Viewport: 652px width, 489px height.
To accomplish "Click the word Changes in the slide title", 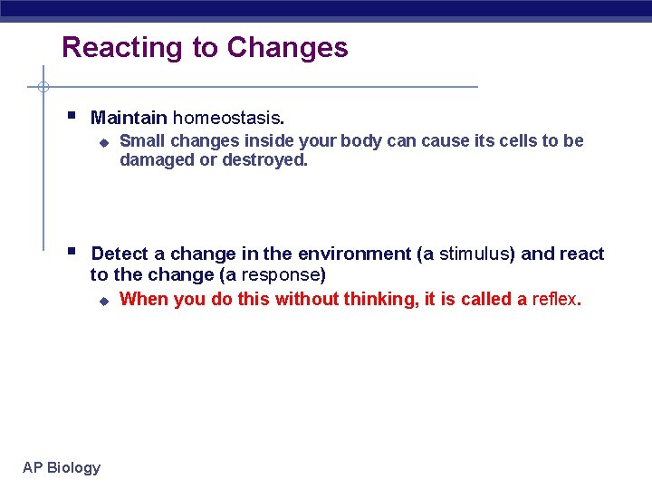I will tap(287, 48).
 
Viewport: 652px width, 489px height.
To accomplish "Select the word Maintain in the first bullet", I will tap(129, 118).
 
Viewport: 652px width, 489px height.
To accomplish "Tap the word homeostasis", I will tap(228, 118).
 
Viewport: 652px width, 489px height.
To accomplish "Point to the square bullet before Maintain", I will tap(72, 117).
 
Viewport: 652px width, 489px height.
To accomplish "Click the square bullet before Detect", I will tap(72, 253).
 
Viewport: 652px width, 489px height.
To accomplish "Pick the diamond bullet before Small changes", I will tap(103, 142).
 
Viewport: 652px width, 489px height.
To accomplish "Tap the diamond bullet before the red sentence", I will tap(103, 301).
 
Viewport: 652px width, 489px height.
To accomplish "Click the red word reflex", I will tap(554, 299).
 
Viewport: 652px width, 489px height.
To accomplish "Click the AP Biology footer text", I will tap(62, 467).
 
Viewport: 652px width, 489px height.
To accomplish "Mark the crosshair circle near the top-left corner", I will tap(43, 87).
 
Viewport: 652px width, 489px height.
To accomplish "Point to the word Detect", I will tap(120, 254).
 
